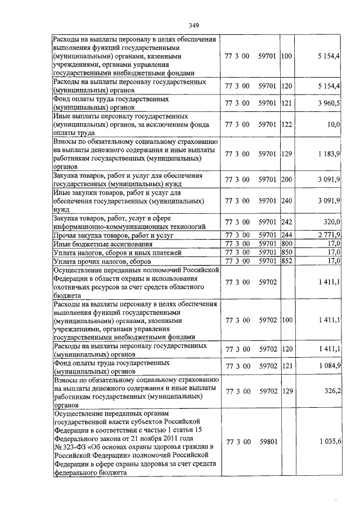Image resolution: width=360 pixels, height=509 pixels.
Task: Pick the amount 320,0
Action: tap(332, 223)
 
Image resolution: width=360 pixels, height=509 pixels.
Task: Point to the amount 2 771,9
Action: tap(329, 235)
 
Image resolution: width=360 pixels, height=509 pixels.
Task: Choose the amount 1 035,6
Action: tap(329, 442)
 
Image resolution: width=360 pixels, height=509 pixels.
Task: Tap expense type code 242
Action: tap(286, 223)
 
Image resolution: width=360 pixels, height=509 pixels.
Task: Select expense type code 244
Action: tap(286, 235)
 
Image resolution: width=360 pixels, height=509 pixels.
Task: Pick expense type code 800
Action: tap(286, 244)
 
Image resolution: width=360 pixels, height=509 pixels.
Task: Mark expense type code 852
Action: tap(286, 261)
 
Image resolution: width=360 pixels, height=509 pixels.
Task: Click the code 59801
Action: tap(268, 442)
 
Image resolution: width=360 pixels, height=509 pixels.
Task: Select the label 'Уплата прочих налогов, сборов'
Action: tap(101, 262)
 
